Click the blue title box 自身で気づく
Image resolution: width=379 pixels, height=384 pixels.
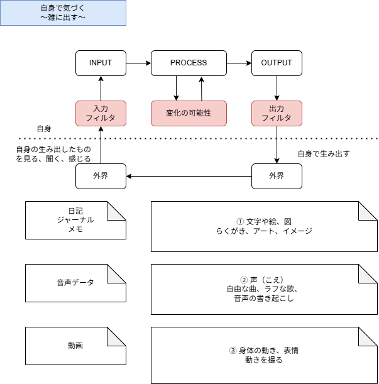click(x=63, y=13)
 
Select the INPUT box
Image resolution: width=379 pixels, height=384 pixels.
click(x=101, y=63)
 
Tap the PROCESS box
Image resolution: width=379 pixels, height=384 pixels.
click(x=189, y=63)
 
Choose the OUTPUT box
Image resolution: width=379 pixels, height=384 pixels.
click(x=277, y=63)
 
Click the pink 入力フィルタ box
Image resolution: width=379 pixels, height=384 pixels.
click(x=101, y=113)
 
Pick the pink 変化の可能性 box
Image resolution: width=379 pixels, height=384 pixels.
click(x=189, y=113)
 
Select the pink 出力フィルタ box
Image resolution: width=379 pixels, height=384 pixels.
click(x=277, y=113)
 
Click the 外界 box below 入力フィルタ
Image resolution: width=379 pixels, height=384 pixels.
click(x=101, y=176)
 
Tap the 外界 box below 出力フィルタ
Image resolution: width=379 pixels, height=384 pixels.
click(x=277, y=176)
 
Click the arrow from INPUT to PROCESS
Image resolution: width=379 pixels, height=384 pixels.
click(x=138, y=63)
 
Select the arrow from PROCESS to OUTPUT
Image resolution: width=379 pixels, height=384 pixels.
click(x=239, y=63)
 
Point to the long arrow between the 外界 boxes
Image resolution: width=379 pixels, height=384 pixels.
click(x=189, y=176)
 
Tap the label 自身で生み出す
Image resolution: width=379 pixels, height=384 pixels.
click(x=323, y=153)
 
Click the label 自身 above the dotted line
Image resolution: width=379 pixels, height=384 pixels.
click(x=44, y=128)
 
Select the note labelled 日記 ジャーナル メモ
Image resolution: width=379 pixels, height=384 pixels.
click(x=75, y=220)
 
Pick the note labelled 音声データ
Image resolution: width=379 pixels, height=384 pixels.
click(x=75, y=283)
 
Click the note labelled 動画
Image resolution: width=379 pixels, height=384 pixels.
click(x=75, y=346)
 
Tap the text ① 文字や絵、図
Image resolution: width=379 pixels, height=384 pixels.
click(x=264, y=222)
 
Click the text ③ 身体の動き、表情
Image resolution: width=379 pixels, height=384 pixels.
click(x=264, y=351)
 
